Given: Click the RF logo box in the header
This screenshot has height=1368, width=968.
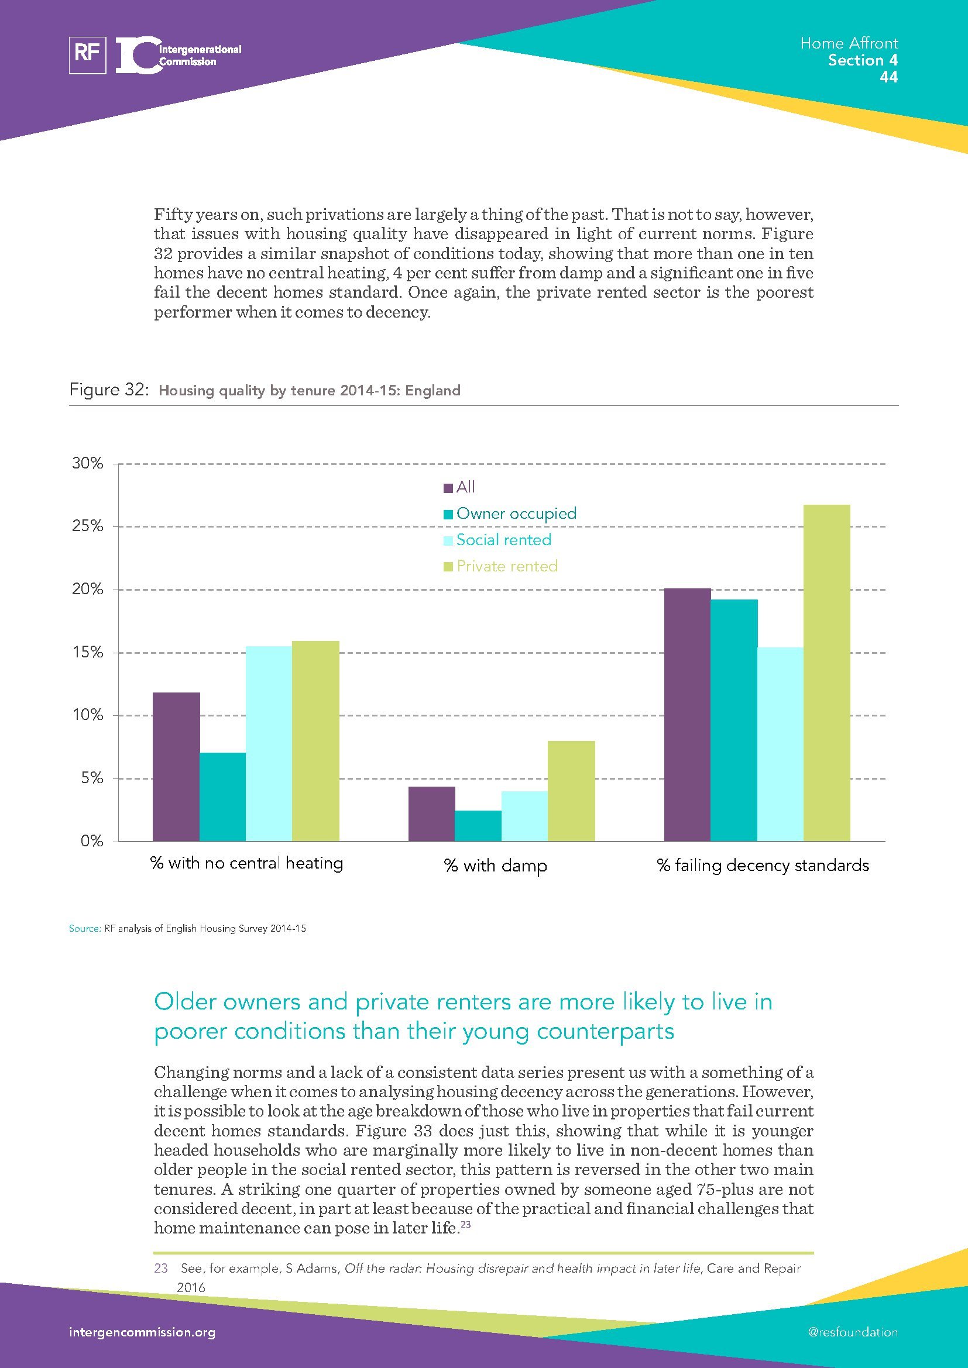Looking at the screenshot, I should (x=88, y=56).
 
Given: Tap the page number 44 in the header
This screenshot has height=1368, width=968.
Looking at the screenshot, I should (x=888, y=77).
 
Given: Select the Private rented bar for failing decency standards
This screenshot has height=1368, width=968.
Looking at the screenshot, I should (x=826, y=673).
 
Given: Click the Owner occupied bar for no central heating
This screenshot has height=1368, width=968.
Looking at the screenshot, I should (x=222, y=797).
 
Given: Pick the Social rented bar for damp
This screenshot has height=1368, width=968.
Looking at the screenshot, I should (x=524, y=816).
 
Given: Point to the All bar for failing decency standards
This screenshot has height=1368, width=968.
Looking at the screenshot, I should (x=686, y=714).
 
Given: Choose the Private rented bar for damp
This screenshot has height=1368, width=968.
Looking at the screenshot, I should (x=571, y=791).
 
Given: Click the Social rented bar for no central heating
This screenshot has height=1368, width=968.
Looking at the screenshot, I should (x=268, y=743).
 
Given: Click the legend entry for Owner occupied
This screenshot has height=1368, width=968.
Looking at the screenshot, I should (x=516, y=514).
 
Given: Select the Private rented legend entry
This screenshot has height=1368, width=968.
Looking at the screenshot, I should (x=506, y=566).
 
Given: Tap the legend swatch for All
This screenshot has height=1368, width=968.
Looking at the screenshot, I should (x=448, y=488).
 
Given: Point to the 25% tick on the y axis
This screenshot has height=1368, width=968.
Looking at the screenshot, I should (x=88, y=526).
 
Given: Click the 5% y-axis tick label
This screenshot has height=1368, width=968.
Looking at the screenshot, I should (x=91, y=778).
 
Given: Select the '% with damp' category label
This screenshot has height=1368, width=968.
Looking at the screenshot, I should (x=495, y=865).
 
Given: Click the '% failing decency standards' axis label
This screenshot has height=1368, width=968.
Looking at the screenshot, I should (x=763, y=865).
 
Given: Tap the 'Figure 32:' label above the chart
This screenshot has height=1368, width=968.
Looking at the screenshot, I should (x=108, y=390).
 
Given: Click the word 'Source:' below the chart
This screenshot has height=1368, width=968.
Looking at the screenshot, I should (x=85, y=928).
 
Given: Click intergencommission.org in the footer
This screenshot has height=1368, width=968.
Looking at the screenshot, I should (x=142, y=1332).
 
